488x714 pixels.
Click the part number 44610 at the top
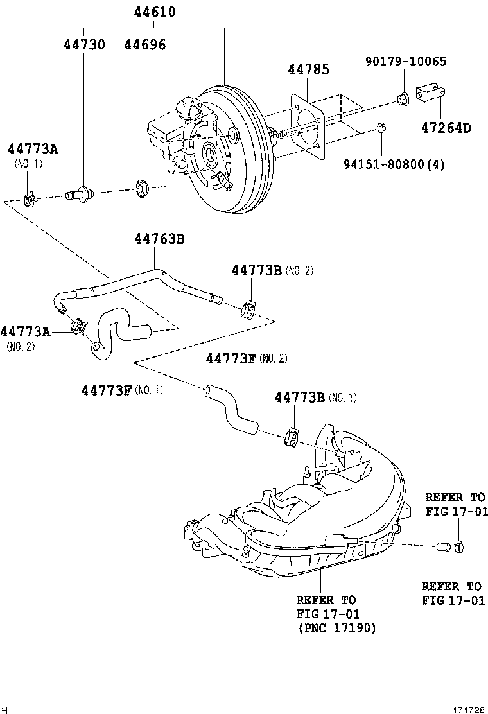pos(155,12)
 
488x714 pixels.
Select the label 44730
pos(84,44)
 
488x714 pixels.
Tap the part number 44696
pos(144,44)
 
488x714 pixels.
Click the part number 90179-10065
pos(405,62)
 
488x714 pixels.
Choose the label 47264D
pos(446,128)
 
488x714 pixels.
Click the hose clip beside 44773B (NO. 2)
pos(248,309)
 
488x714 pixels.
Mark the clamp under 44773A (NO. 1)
pos(30,200)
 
